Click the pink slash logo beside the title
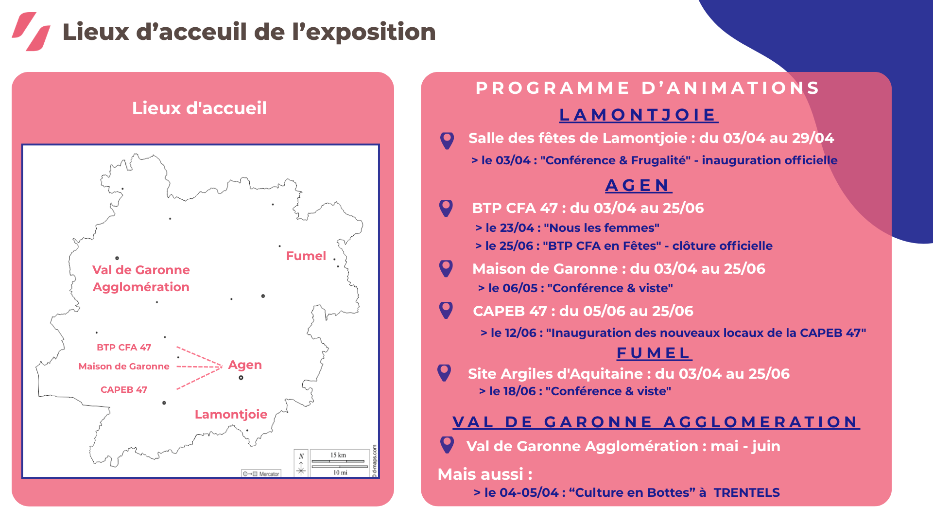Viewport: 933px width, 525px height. (x=31, y=32)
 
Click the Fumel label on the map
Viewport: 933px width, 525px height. (x=306, y=256)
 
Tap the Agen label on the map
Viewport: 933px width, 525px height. (x=245, y=365)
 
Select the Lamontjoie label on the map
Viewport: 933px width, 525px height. (x=231, y=414)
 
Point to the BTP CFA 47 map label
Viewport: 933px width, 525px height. (x=124, y=347)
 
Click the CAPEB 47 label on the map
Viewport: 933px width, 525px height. (x=124, y=389)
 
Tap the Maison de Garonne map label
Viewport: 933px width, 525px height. (x=124, y=366)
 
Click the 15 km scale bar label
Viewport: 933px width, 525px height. (x=338, y=455)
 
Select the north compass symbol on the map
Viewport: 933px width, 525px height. (x=301, y=464)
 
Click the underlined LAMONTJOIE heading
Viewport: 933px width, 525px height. (x=639, y=115)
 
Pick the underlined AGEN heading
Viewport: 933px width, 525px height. (x=639, y=185)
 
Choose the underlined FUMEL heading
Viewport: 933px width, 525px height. (x=654, y=353)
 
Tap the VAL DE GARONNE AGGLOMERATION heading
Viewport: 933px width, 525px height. (x=656, y=422)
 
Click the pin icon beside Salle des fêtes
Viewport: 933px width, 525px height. (x=447, y=140)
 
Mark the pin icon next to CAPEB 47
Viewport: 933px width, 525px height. (x=446, y=310)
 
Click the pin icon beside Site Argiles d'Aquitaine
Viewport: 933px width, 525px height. (x=444, y=373)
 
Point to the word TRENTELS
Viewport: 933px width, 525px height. (x=747, y=492)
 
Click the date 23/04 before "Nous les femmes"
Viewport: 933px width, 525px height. (x=517, y=228)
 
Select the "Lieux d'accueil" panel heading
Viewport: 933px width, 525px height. (x=199, y=108)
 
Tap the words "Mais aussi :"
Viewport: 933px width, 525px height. (x=485, y=474)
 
